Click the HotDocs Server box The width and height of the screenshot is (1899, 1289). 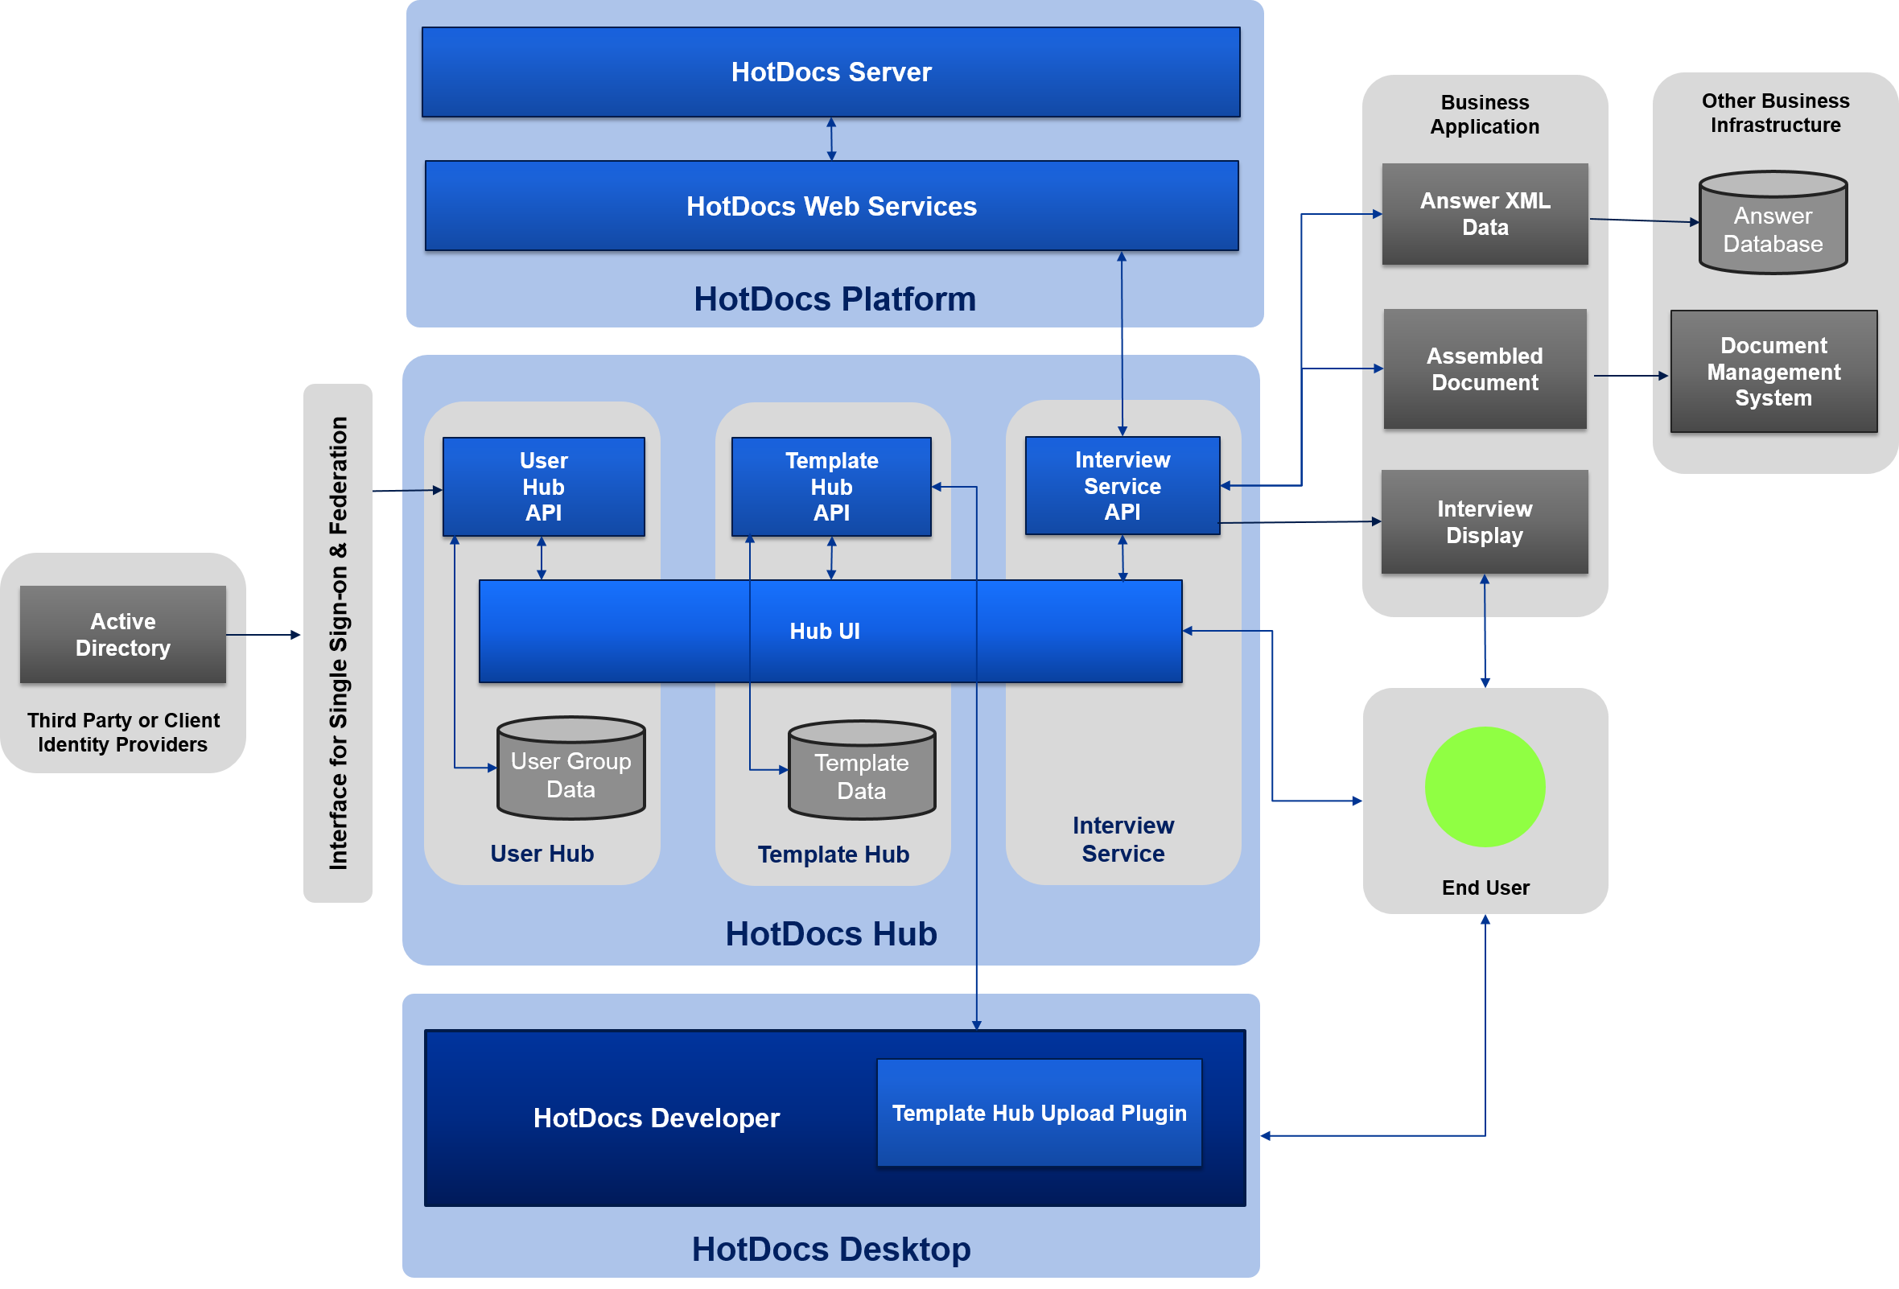(831, 72)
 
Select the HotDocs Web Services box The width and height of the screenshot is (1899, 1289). (831, 206)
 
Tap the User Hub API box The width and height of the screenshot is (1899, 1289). (543, 487)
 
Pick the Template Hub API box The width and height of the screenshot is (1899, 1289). (831, 487)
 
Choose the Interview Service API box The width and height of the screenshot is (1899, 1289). (1122, 486)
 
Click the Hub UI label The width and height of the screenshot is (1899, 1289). (825, 631)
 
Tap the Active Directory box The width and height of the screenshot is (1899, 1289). (122, 634)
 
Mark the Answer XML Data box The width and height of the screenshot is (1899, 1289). (1485, 214)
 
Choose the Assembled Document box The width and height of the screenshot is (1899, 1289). (1485, 369)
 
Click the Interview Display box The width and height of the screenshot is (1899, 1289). (1485, 522)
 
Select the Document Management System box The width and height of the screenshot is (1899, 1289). (1773, 372)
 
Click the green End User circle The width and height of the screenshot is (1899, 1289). (1485, 787)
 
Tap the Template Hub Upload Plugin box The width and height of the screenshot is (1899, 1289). (1039, 1113)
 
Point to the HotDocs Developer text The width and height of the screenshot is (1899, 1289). (656, 1118)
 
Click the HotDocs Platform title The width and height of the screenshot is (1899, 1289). (834, 299)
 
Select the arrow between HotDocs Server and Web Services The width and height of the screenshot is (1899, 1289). (831, 139)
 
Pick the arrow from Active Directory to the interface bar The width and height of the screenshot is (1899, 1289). (263, 635)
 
